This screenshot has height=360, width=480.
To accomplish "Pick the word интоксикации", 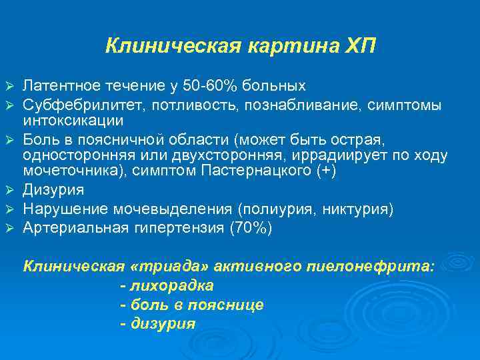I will pyautogui.click(x=73, y=121).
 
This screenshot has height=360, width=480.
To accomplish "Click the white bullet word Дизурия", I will pyautogui.click(x=53, y=190).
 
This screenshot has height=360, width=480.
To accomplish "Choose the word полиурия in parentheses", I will pyautogui.click(x=286, y=209).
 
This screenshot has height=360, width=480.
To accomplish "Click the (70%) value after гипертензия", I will pyautogui.click(x=250, y=228).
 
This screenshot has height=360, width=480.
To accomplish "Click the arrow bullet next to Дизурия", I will pyautogui.click(x=9, y=191).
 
